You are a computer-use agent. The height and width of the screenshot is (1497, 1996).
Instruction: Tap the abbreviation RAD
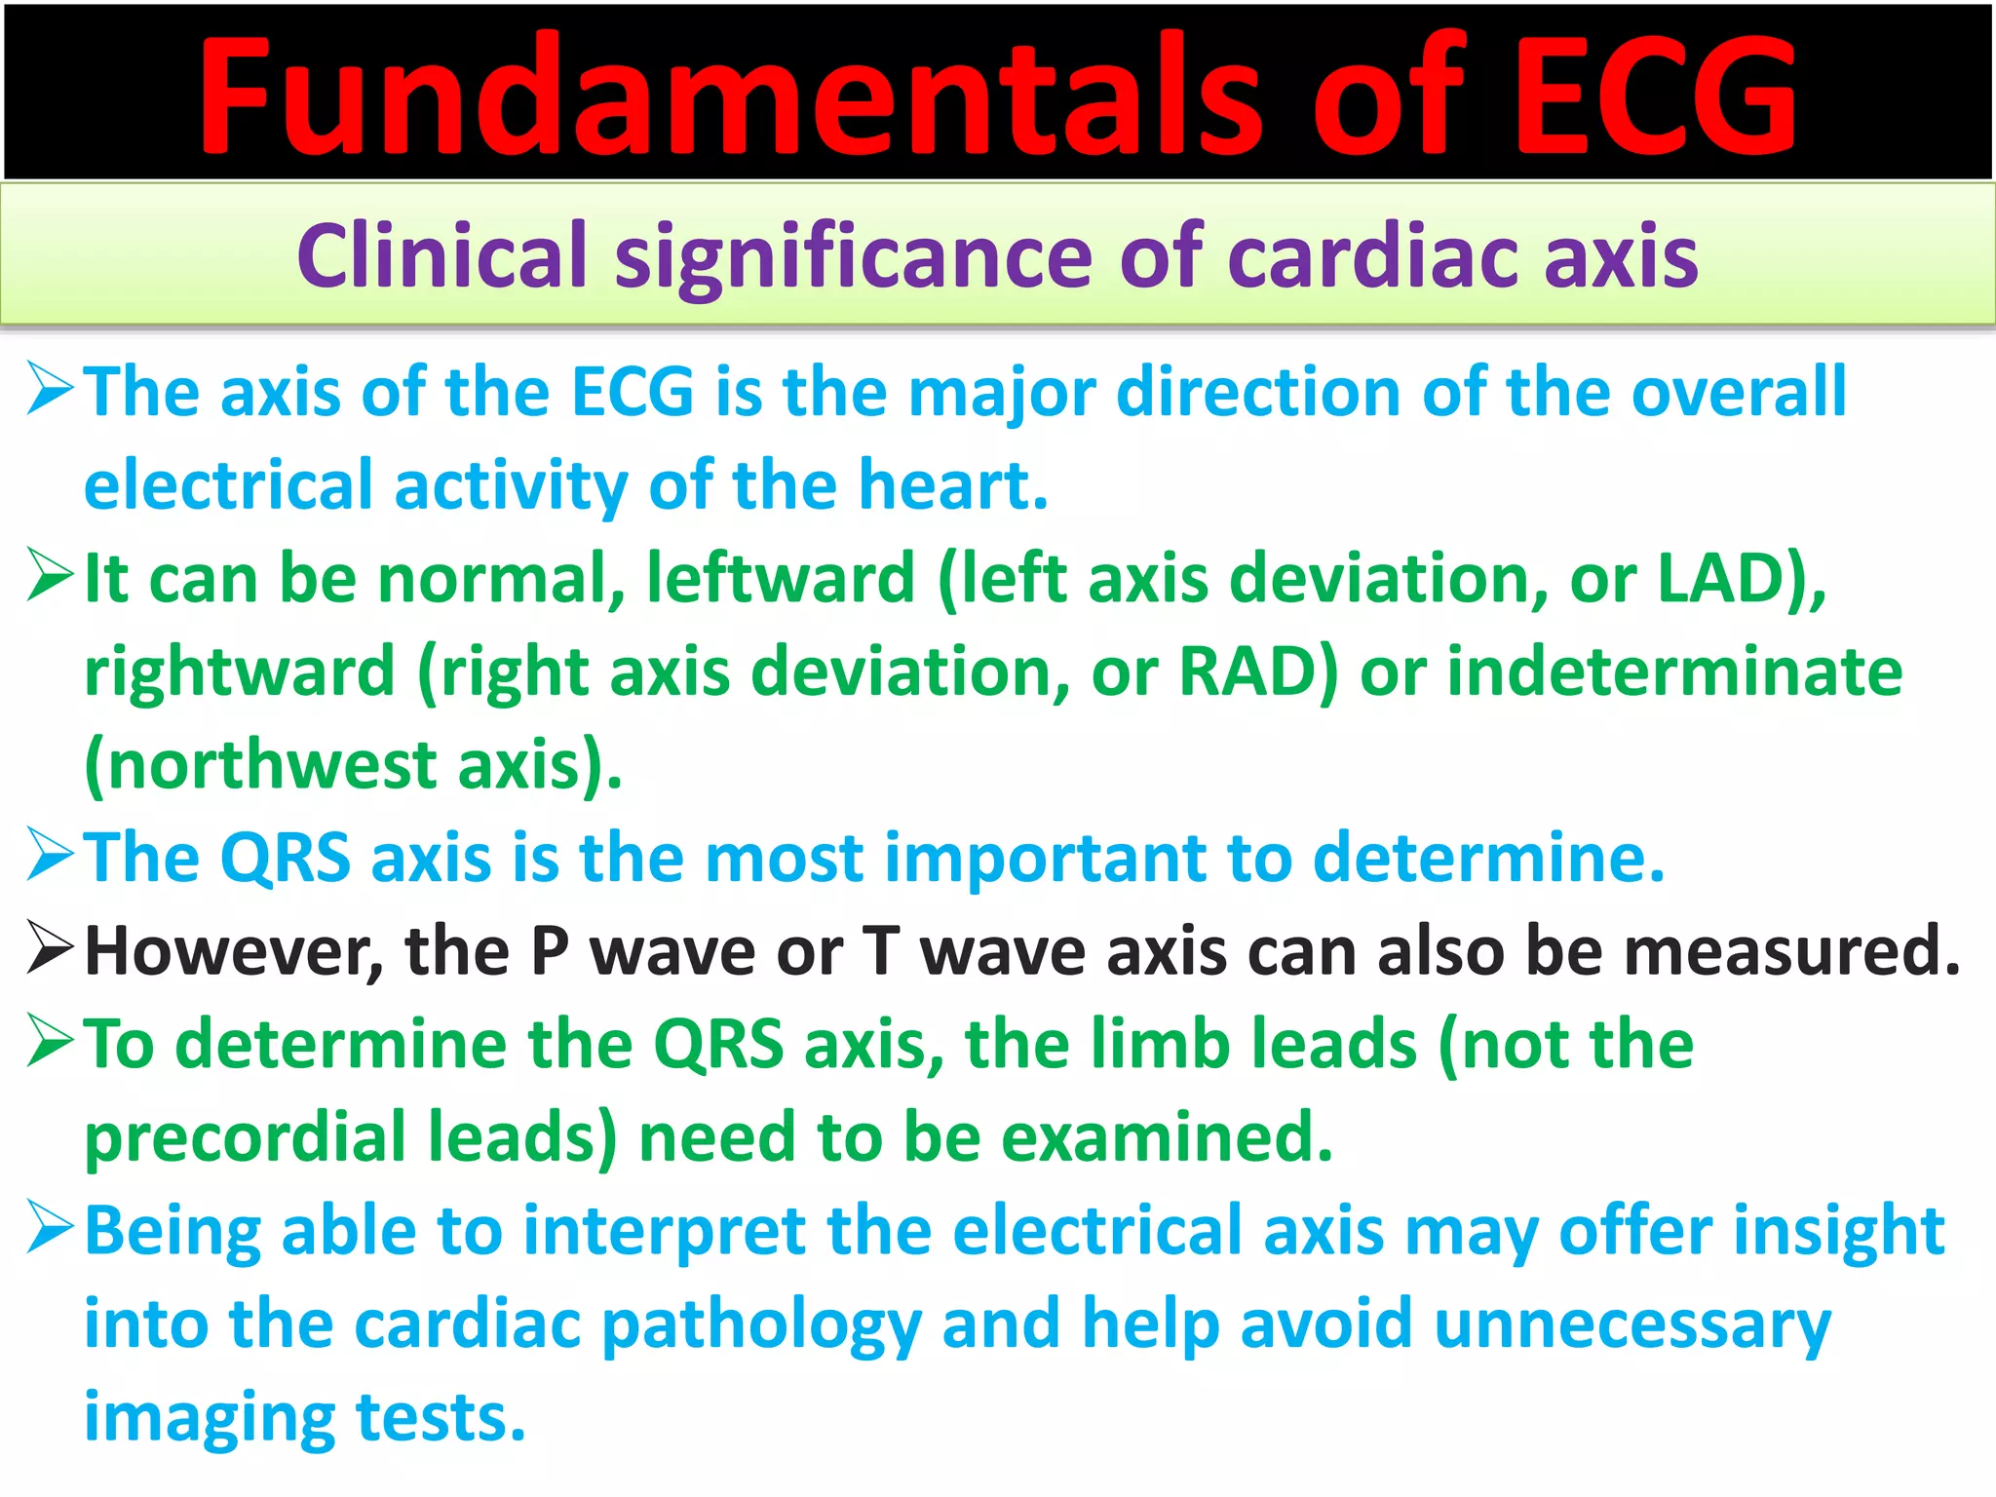[1247, 672]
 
